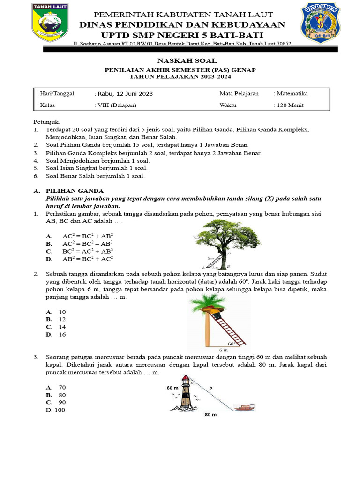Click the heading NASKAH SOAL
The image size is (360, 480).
coord(180,60)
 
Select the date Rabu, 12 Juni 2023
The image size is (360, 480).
coord(124,94)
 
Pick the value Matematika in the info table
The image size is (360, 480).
coord(292,93)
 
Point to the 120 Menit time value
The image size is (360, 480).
coord(290,105)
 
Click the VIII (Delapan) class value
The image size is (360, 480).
coord(116,105)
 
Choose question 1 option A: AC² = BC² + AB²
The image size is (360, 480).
coord(88,236)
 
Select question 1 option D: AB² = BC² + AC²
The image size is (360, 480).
coord(88,258)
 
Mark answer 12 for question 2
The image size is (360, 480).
coord(62,319)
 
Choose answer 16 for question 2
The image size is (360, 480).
coord(62,335)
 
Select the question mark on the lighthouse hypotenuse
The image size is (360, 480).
coord(211,388)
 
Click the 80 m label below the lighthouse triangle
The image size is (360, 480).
coord(210,415)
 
